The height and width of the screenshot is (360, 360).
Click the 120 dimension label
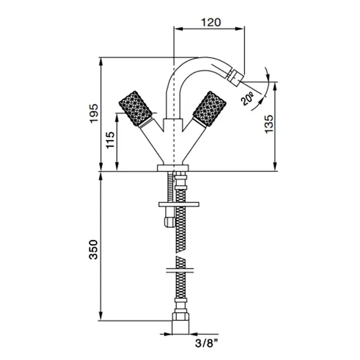coord(211,22)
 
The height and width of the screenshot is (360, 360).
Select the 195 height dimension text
coord(94,114)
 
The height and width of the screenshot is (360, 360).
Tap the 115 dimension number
coord(110,140)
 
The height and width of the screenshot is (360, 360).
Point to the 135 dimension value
coord(269,124)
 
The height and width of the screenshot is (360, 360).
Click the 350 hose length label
coord(94,249)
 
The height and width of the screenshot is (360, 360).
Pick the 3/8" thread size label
coord(206,344)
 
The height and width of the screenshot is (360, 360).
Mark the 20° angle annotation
coord(247,99)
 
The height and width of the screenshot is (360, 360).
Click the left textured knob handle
coord(135,109)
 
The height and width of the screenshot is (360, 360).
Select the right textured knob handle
coord(209,109)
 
